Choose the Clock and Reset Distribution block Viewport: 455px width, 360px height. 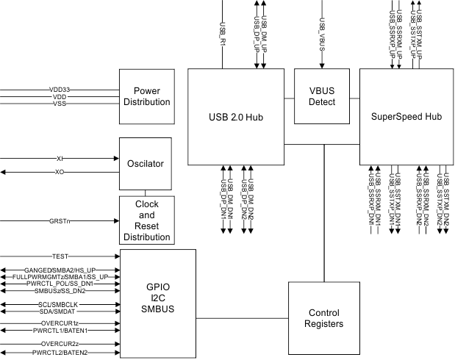click(147, 220)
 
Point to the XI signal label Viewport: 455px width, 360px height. click(60, 158)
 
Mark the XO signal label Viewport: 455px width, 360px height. click(60, 172)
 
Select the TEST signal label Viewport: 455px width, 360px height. click(60, 256)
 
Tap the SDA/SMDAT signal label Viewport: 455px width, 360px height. click(60, 312)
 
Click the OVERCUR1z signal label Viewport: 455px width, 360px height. click(60, 323)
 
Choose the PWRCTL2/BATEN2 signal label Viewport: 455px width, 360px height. click(60, 353)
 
